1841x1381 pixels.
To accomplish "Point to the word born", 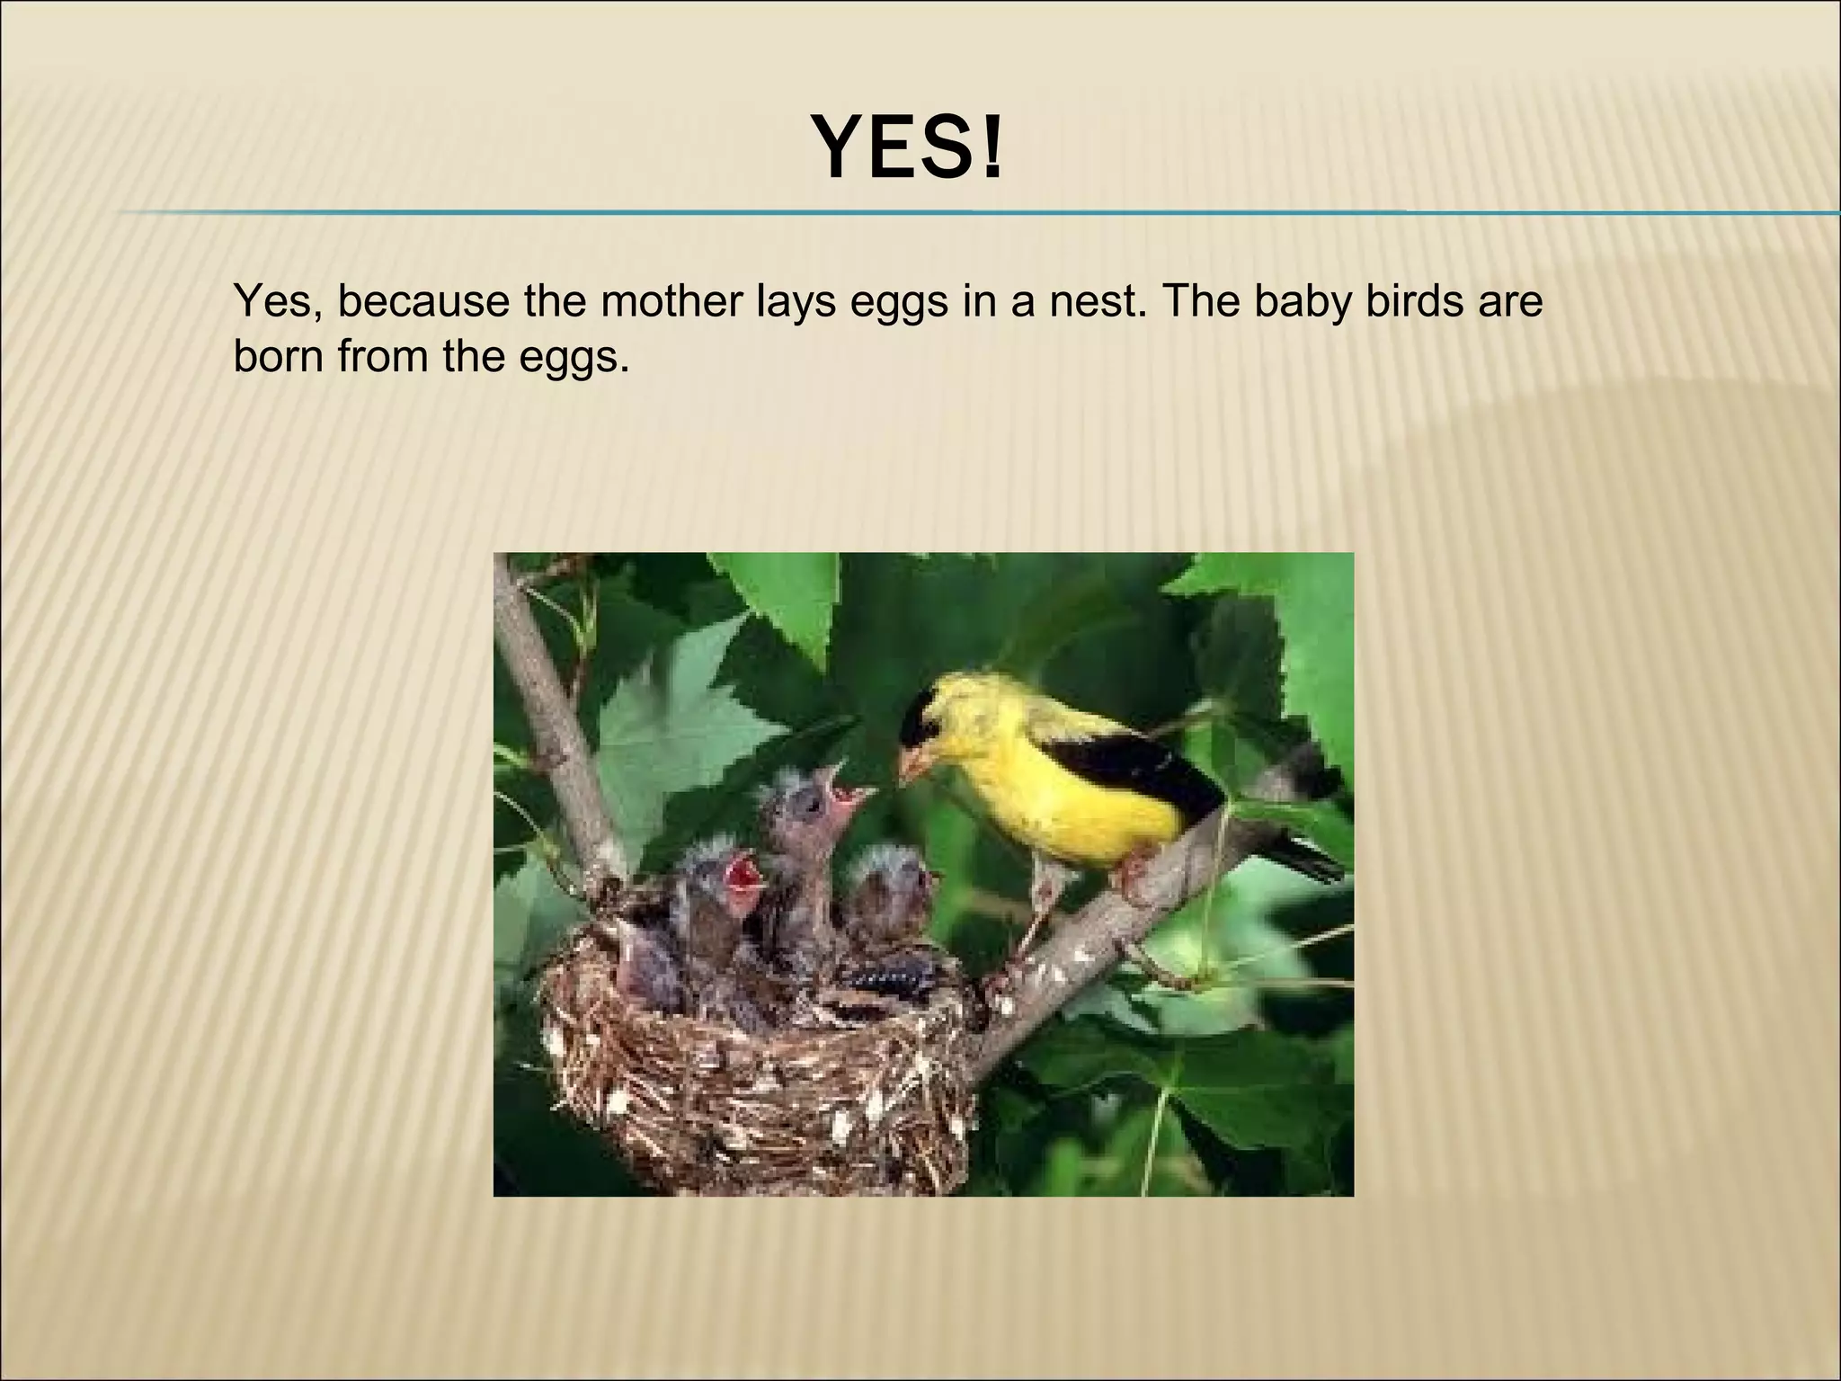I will tap(279, 357).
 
